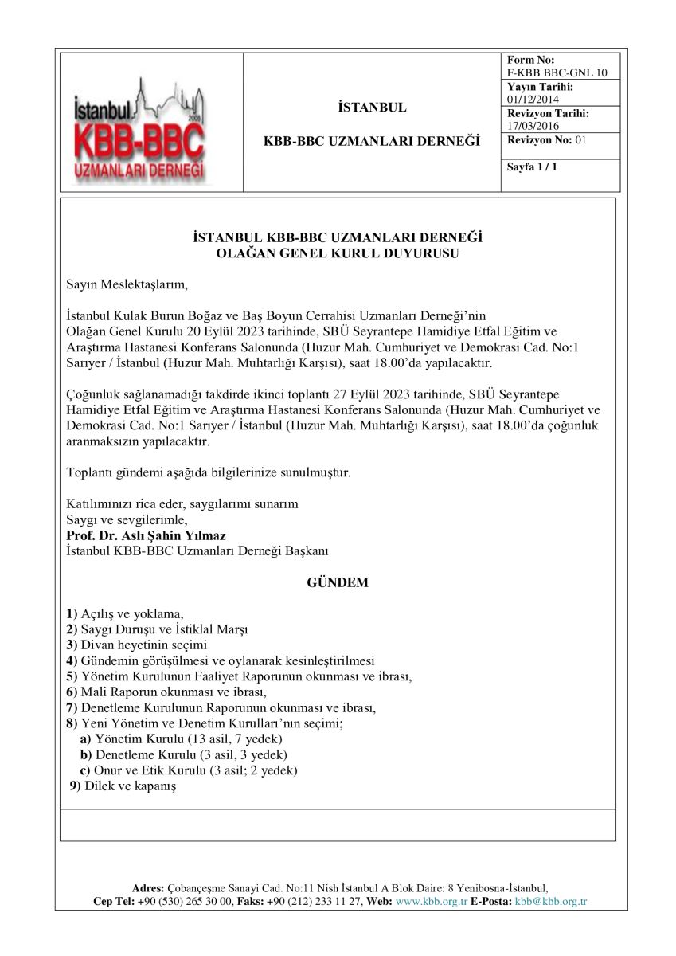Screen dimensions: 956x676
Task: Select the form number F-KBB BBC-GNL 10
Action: tap(557, 72)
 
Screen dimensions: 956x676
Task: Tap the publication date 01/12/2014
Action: tap(533, 99)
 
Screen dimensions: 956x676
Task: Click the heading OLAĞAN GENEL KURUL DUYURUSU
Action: tap(338, 253)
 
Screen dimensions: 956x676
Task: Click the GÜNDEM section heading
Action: tap(338, 582)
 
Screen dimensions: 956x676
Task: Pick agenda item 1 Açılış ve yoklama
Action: tap(126, 613)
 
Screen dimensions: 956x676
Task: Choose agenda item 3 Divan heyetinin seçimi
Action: tap(138, 644)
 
